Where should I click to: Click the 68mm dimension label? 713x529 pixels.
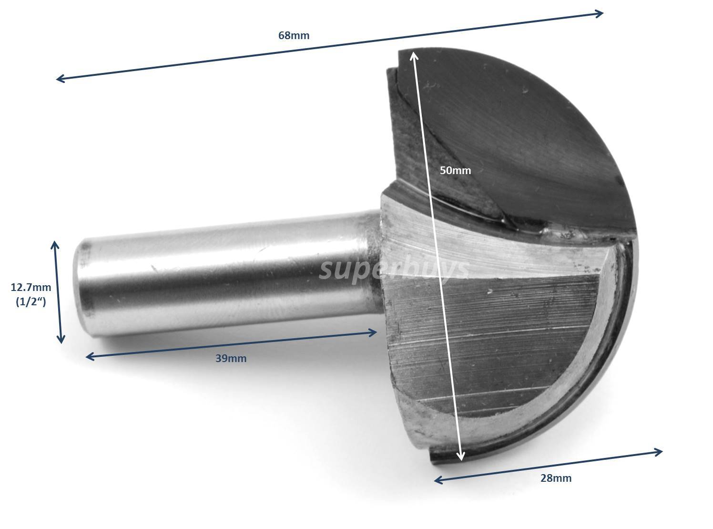(294, 35)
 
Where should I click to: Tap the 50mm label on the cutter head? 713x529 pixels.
(455, 170)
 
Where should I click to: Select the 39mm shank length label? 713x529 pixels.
(231, 358)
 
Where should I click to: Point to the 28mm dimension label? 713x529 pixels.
(556, 478)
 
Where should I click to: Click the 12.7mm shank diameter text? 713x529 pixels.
(31, 287)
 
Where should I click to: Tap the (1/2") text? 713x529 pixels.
(31, 302)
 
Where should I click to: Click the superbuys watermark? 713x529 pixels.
(394, 270)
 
